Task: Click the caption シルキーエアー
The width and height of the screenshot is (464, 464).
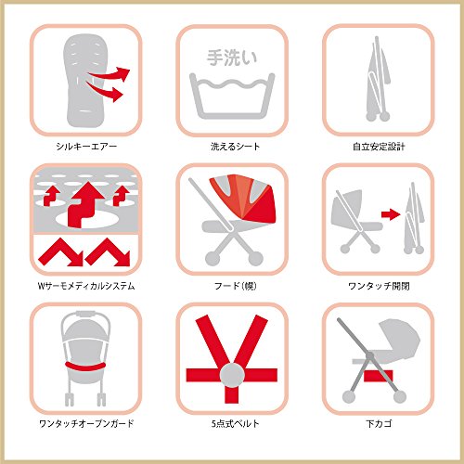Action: click(x=86, y=147)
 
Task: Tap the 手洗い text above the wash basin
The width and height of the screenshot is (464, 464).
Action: click(x=232, y=58)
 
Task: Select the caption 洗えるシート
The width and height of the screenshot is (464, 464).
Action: click(x=235, y=147)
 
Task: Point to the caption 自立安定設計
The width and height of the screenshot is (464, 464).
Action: click(x=379, y=147)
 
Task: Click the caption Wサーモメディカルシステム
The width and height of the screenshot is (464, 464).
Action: click(x=86, y=286)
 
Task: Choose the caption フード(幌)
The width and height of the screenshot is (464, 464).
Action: click(x=235, y=286)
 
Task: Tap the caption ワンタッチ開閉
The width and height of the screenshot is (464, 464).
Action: click(x=379, y=286)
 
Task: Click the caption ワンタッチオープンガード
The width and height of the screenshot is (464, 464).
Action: click(x=86, y=423)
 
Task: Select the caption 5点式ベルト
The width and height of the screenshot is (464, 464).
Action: click(x=235, y=423)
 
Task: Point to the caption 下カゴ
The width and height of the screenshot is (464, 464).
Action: click(x=379, y=423)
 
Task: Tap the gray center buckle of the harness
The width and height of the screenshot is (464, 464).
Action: click(x=232, y=375)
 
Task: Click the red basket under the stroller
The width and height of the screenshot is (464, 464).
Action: click(x=378, y=376)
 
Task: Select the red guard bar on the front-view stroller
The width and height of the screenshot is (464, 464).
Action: click(x=85, y=367)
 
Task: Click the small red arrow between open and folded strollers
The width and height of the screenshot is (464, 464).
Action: click(x=391, y=214)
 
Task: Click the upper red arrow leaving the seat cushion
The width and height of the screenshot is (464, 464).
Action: click(x=110, y=74)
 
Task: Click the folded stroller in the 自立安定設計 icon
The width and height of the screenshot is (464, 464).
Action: click(x=378, y=80)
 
